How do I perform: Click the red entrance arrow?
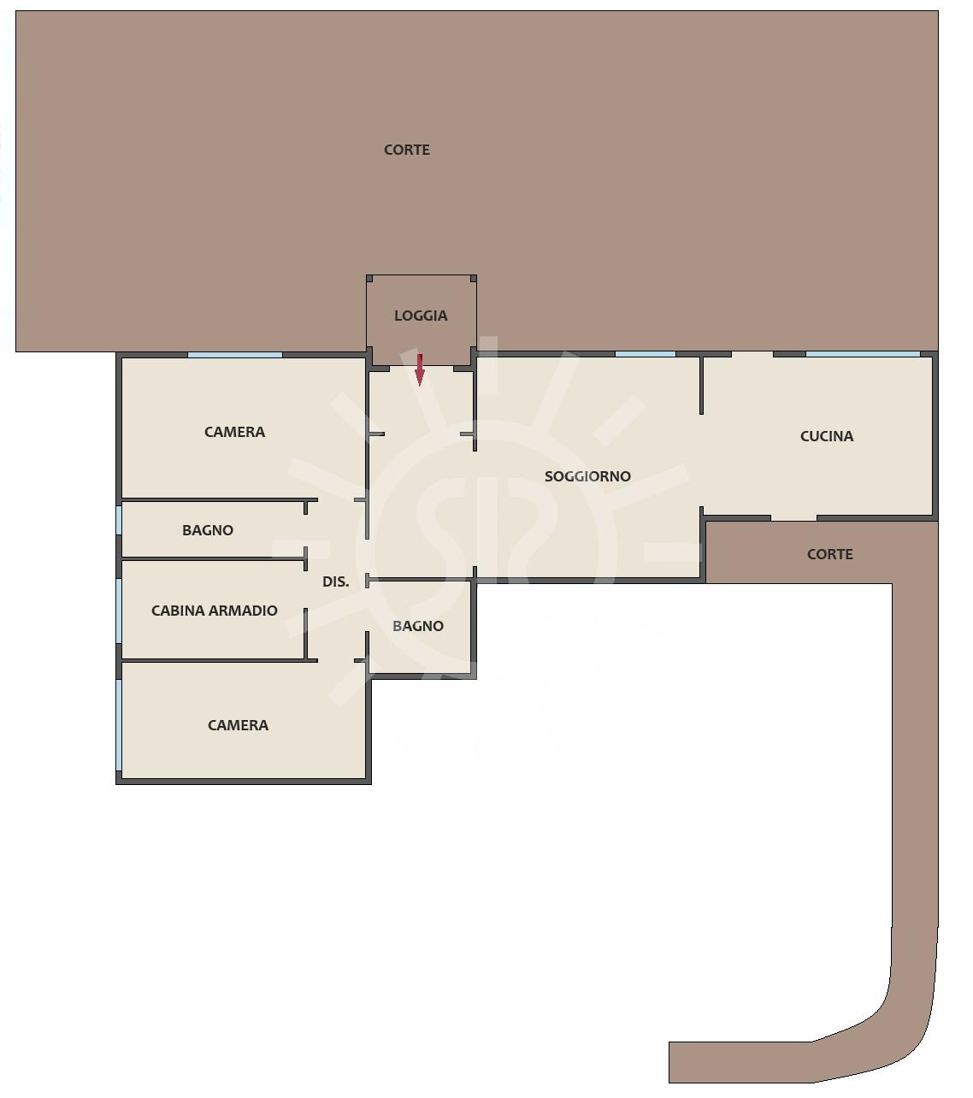pyautogui.click(x=419, y=369)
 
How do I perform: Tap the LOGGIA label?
pyautogui.click(x=421, y=316)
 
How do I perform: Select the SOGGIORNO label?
pyautogui.click(x=587, y=476)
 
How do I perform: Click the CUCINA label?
pyautogui.click(x=827, y=436)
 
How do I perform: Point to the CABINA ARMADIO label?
pyautogui.click(x=214, y=611)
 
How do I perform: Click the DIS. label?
pyautogui.click(x=335, y=581)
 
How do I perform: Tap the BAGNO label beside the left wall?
pyautogui.click(x=208, y=530)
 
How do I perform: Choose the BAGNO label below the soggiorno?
pyautogui.click(x=418, y=626)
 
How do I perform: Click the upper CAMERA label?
pyautogui.click(x=235, y=432)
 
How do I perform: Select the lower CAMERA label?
pyautogui.click(x=238, y=725)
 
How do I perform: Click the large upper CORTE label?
pyautogui.click(x=406, y=150)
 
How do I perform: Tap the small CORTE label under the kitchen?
pyautogui.click(x=830, y=554)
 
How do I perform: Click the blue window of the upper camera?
pyautogui.click(x=235, y=354)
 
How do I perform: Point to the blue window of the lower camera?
pyautogui.click(x=119, y=724)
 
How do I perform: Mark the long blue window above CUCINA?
pyautogui.click(x=863, y=354)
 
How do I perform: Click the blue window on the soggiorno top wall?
pyautogui.click(x=645, y=354)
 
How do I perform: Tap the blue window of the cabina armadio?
pyautogui.click(x=119, y=611)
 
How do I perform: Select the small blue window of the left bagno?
pyautogui.click(x=119, y=520)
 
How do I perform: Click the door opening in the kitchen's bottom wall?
pyautogui.click(x=793, y=517)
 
